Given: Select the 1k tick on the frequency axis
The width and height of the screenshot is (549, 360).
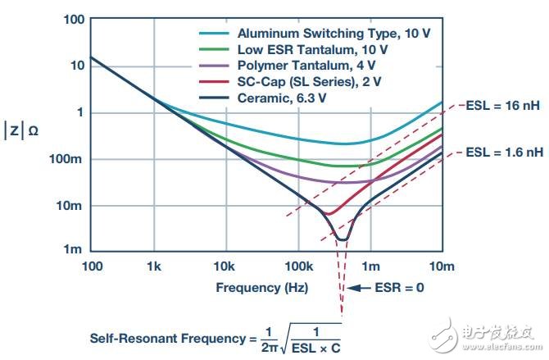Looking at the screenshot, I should pos(154,267).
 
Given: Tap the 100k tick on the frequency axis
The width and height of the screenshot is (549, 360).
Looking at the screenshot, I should pos(299,267).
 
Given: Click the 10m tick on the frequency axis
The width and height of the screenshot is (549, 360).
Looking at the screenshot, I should pos(442,267).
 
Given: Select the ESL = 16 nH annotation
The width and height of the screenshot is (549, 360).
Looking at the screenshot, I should pos(503,104).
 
